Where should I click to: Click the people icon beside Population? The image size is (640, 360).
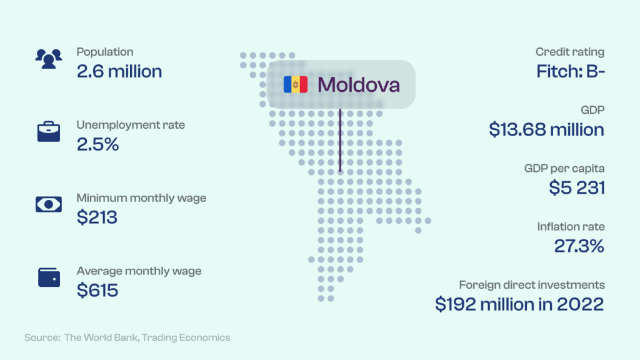(x=49, y=58)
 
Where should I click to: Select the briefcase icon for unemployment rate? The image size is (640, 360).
(x=49, y=131)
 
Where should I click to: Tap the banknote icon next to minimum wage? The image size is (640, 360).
(x=49, y=204)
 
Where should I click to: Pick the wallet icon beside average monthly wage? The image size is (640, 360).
(x=49, y=277)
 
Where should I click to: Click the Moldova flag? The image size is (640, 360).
(x=296, y=84)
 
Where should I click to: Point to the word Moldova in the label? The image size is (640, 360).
(x=358, y=85)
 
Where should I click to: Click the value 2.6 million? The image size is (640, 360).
(x=119, y=71)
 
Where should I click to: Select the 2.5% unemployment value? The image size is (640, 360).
(x=98, y=144)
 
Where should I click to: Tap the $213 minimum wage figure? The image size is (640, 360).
(x=97, y=217)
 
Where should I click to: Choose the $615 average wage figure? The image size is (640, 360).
(x=97, y=290)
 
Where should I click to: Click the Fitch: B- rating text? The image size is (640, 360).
(x=570, y=71)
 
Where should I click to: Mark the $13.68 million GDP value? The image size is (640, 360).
(x=546, y=129)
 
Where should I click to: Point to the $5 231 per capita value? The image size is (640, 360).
(x=577, y=187)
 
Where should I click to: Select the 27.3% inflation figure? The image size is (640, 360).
(x=579, y=246)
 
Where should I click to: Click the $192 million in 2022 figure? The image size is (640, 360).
(x=519, y=304)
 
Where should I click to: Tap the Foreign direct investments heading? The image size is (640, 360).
(x=532, y=285)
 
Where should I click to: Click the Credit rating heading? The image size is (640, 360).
(x=570, y=52)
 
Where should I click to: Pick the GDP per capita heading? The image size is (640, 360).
(x=564, y=169)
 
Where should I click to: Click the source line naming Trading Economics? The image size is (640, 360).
(x=127, y=337)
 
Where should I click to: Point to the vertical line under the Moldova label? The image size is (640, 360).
(x=340, y=140)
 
